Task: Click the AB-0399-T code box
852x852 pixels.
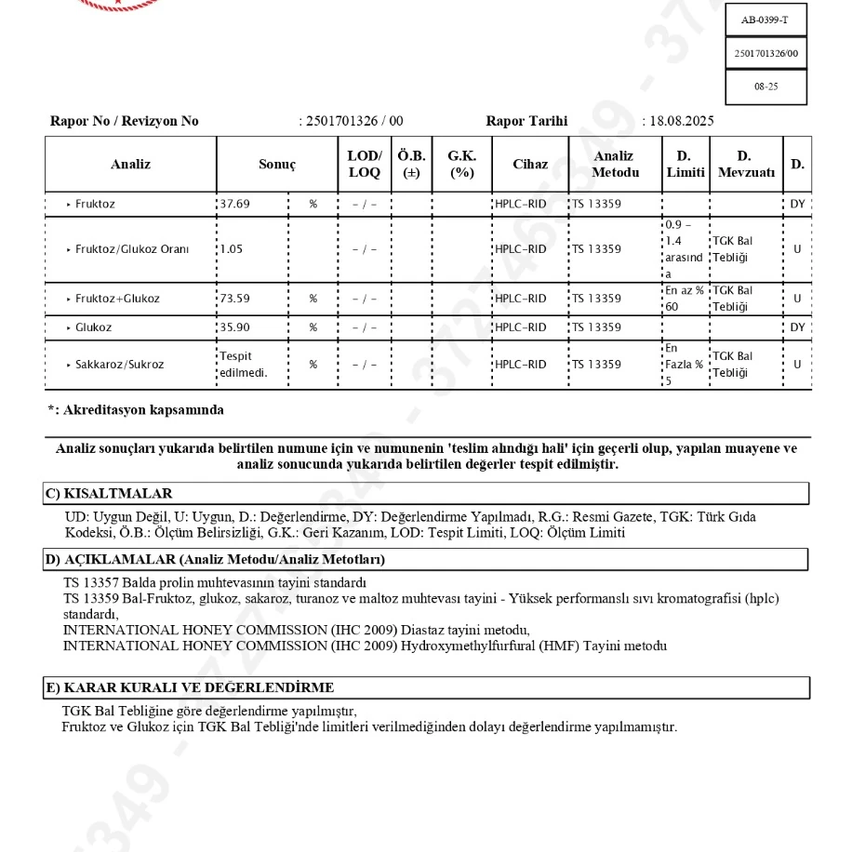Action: tap(765, 20)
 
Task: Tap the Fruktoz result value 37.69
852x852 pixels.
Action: tap(234, 204)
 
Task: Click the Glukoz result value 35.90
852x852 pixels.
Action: tap(234, 327)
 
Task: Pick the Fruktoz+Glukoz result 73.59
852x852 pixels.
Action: tap(234, 299)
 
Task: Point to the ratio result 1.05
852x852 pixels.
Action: tap(230, 249)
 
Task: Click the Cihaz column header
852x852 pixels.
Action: tap(530, 164)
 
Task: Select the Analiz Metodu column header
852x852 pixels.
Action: tap(615, 164)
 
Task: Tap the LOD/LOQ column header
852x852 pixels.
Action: tap(364, 164)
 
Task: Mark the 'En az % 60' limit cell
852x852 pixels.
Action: tap(685, 298)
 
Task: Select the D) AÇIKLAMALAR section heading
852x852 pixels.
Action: tap(215, 559)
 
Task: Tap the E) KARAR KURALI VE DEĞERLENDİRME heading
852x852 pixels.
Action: tap(190, 687)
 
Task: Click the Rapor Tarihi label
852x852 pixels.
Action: tap(526, 121)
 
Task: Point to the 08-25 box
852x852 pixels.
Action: tap(765, 87)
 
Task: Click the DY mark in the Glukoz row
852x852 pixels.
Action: tap(797, 327)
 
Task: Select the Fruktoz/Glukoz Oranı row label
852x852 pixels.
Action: tap(132, 249)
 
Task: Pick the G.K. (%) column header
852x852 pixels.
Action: tap(461, 164)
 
